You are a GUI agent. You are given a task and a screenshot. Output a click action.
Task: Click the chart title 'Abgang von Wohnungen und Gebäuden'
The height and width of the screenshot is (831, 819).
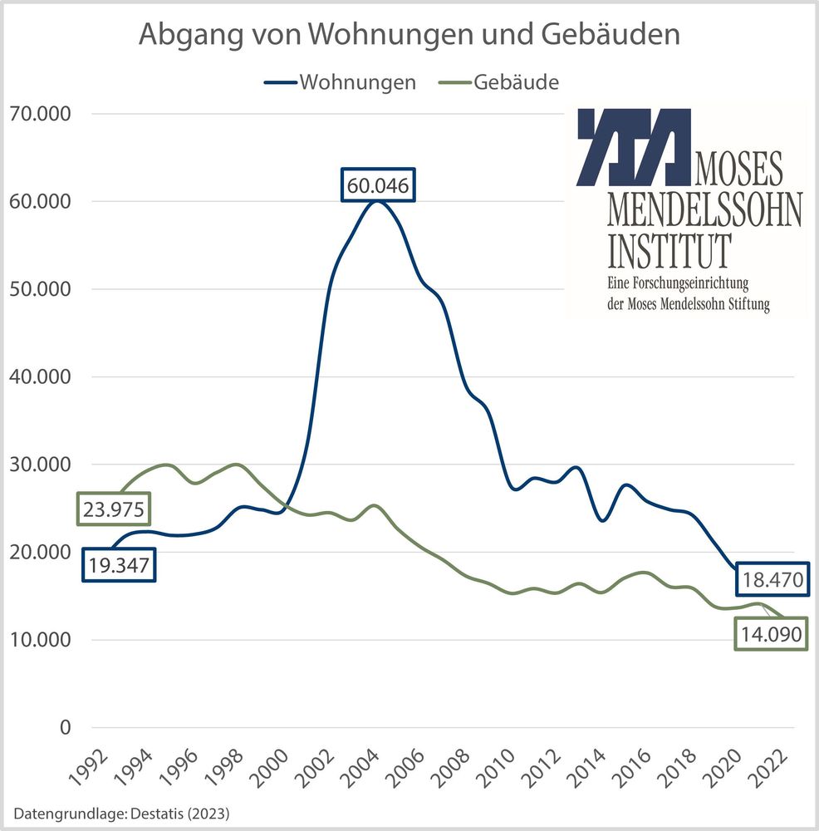click(x=409, y=35)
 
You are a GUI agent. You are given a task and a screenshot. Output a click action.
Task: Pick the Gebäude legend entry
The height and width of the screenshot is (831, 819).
click(x=507, y=82)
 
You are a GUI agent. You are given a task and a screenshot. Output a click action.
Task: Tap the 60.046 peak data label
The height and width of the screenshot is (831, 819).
click(x=378, y=186)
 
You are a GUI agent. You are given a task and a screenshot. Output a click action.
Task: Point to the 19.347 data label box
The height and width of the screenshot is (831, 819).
click(x=119, y=566)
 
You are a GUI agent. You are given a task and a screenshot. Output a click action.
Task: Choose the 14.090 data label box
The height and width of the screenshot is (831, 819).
click(x=770, y=636)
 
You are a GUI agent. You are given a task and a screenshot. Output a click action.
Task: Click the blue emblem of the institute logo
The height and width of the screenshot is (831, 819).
click(x=633, y=146)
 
